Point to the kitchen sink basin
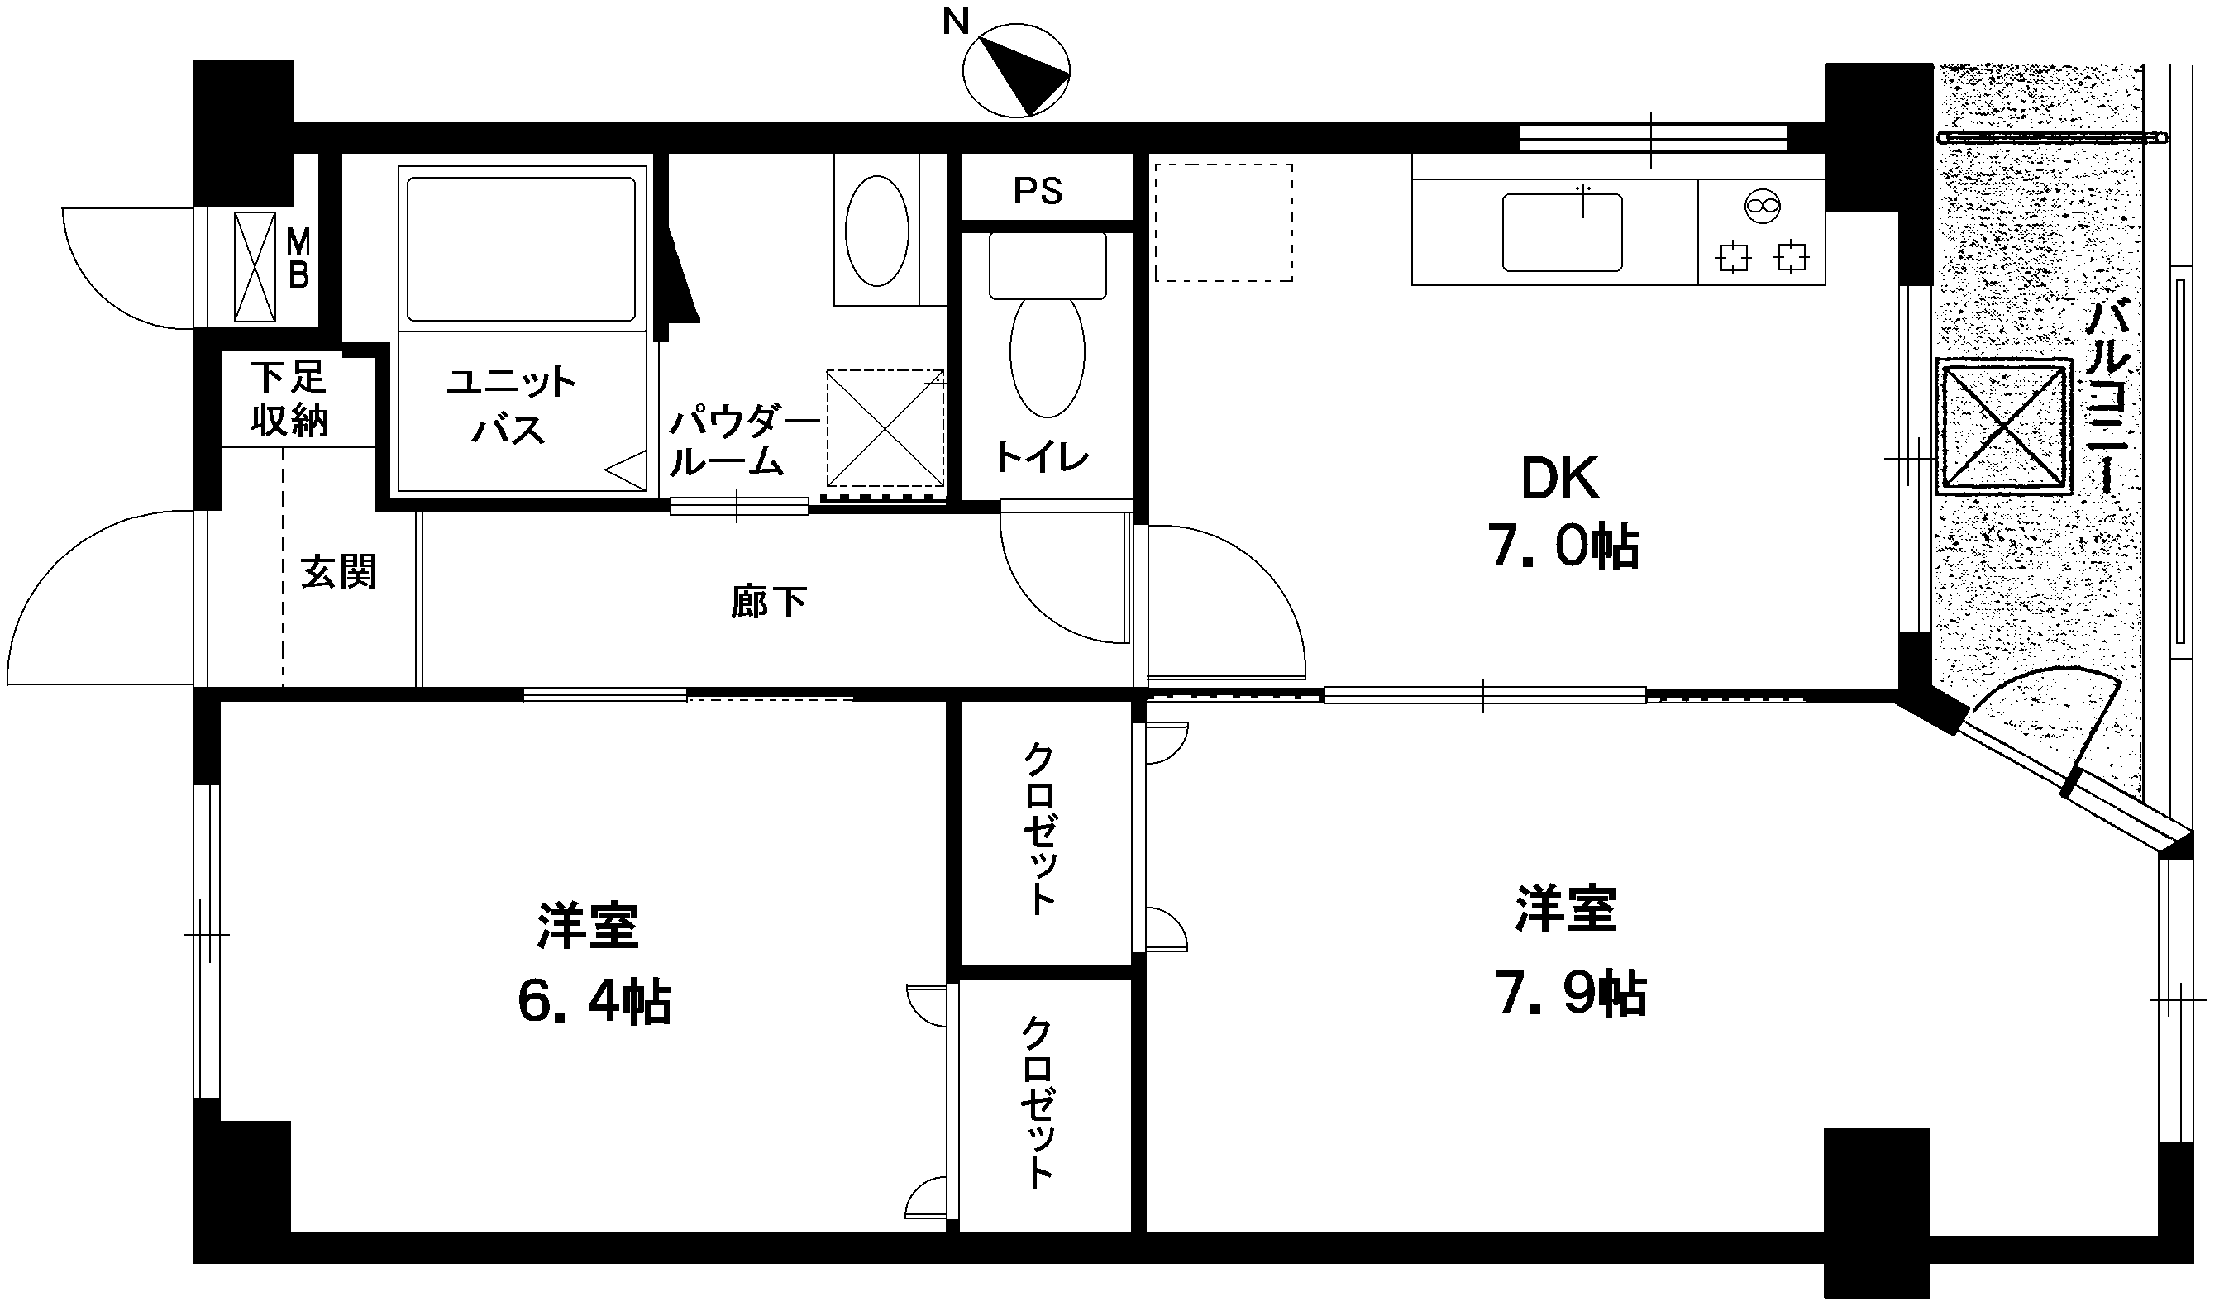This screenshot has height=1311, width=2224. (x=1563, y=232)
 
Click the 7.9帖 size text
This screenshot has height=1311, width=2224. (x=1570, y=994)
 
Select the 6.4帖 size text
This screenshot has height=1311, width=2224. (x=594, y=1002)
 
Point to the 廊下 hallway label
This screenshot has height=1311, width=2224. (x=768, y=603)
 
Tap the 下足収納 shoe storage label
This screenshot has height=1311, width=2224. (x=288, y=398)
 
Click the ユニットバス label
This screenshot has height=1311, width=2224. (x=511, y=406)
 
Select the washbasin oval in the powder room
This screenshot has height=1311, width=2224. (x=876, y=231)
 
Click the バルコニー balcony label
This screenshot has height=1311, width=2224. (x=2110, y=397)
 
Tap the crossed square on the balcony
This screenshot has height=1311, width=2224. (x=2003, y=426)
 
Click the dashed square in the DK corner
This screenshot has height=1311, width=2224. (x=1224, y=222)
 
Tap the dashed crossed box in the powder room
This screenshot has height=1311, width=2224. (x=885, y=427)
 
